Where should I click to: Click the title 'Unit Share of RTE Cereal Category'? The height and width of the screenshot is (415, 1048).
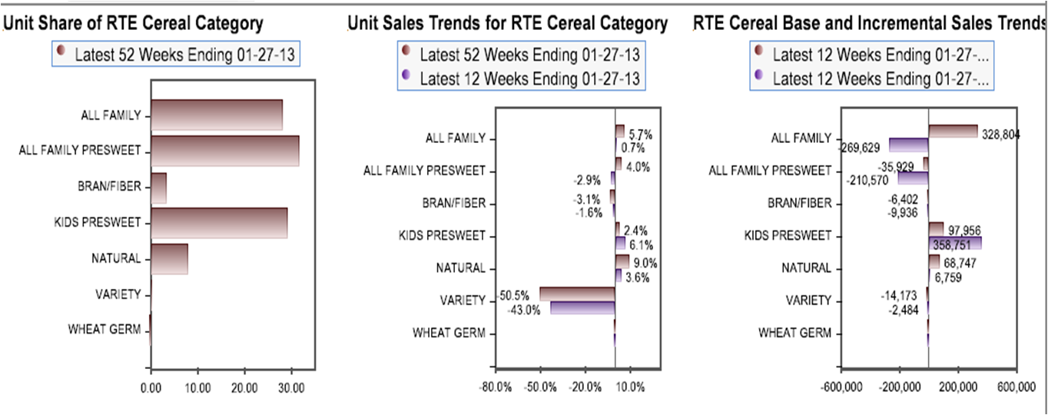[x=134, y=24]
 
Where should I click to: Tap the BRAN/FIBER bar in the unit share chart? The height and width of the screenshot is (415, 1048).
[x=158, y=188]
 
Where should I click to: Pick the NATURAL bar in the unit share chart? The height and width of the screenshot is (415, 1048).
[x=169, y=259]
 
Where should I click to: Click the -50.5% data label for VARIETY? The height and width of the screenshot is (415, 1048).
[x=514, y=295]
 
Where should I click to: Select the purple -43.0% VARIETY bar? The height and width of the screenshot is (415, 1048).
[x=582, y=308]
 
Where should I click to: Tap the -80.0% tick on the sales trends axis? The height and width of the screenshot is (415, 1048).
[x=496, y=387]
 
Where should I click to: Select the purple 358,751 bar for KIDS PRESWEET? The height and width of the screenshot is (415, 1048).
[x=955, y=244]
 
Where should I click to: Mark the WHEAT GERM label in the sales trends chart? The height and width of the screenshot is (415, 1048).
[x=449, y=333]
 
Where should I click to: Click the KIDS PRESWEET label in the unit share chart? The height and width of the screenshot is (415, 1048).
[x=98, y=223]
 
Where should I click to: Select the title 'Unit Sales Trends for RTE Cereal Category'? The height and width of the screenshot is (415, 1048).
[x=507, y=24]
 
